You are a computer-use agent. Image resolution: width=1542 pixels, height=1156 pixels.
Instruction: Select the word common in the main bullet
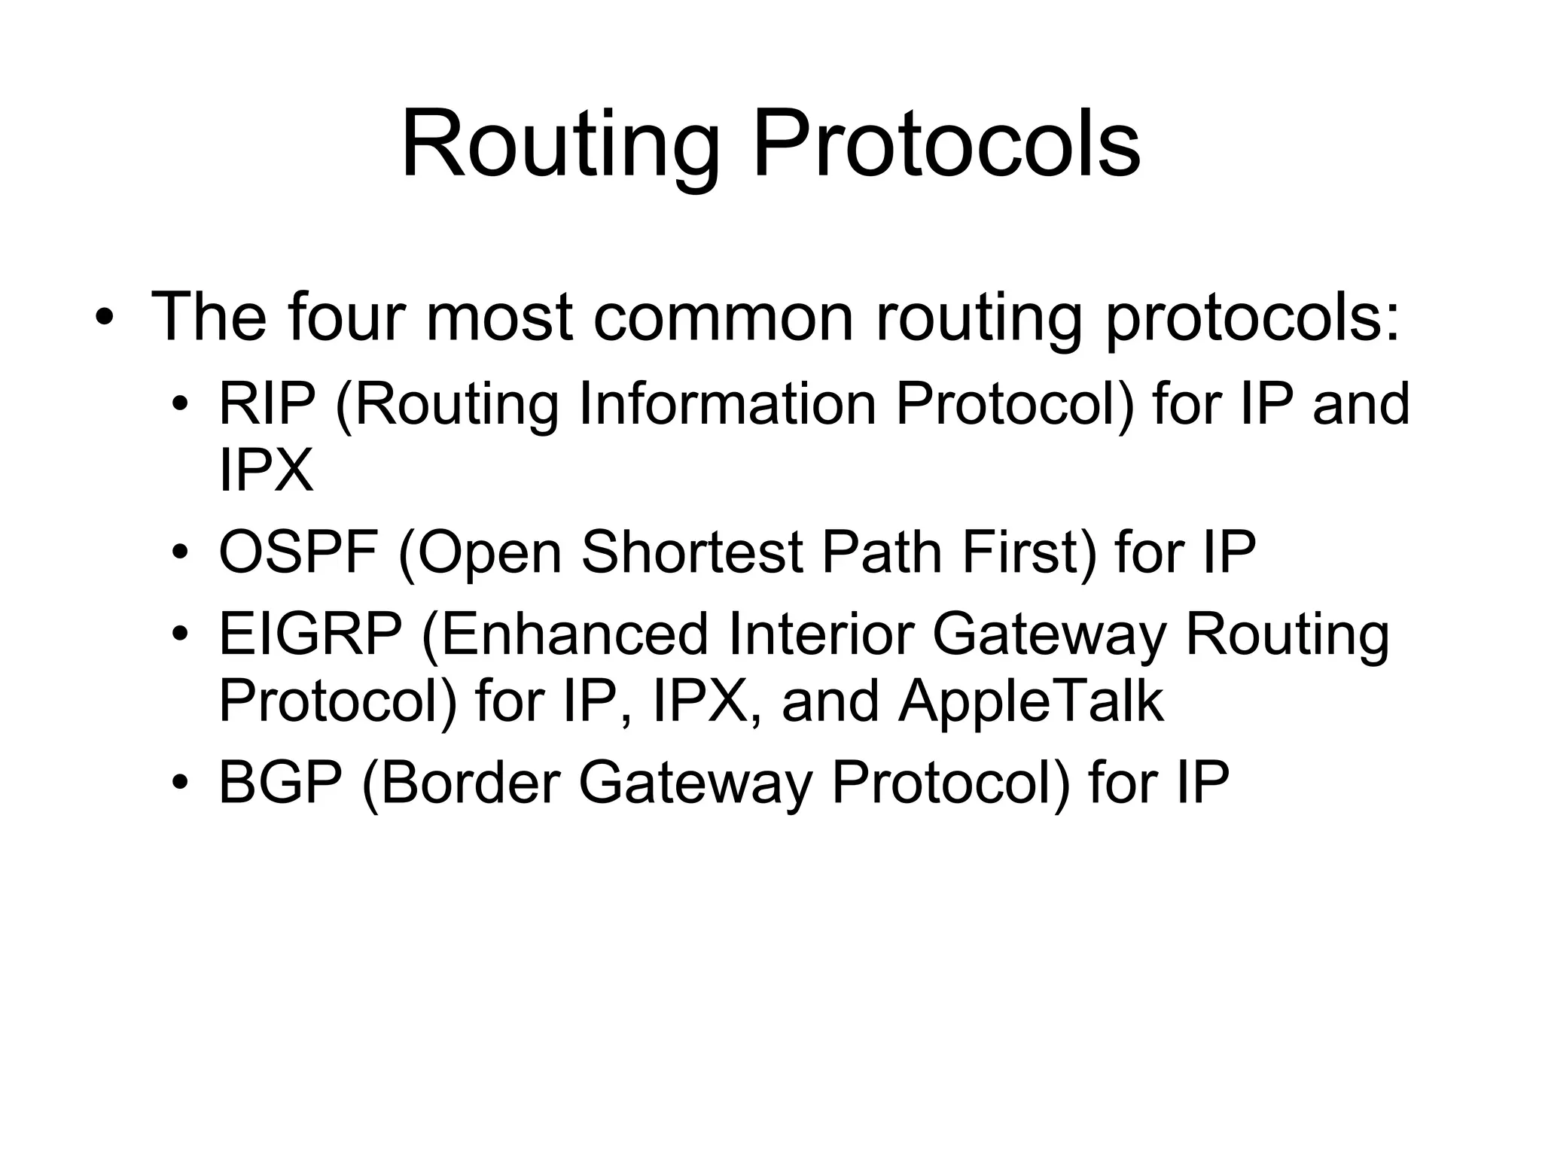pyautogui.click(x=723, y=318)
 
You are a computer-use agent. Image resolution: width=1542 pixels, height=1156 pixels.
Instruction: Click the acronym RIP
pyautogui.click(x=267, y=404)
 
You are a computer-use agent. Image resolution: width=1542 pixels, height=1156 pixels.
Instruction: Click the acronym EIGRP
pyautogui.click(x=310, y=634)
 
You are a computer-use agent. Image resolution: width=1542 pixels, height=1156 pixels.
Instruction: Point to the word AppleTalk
pyautogui.click(x=1031, y=701)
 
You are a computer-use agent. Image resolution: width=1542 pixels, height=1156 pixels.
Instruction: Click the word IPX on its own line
pyautogui.click(x=265, y=472)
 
